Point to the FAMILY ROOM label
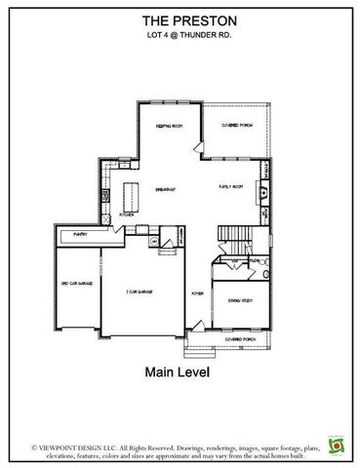[229, 184]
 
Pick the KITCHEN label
[127, 214]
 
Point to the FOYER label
[196, 291]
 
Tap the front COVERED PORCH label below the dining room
[237, 340]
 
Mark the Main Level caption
[180, 371]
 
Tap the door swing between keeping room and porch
[198, 145]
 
